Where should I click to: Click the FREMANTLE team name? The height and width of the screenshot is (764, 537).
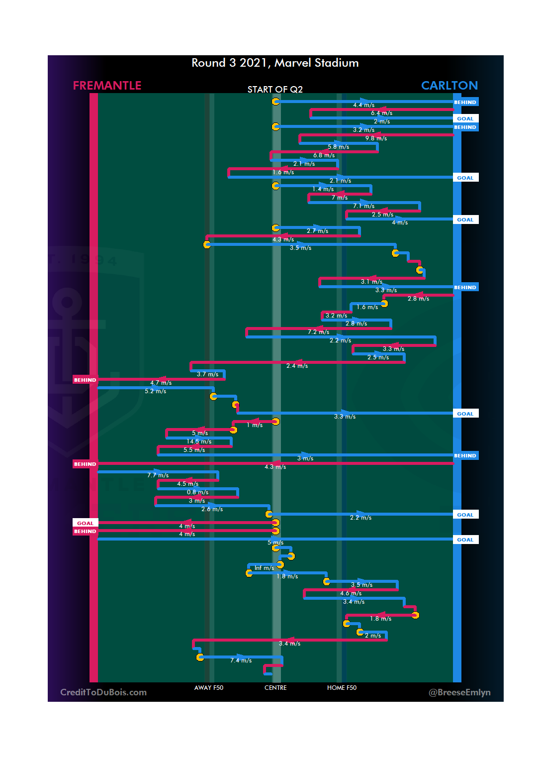coord(107,86)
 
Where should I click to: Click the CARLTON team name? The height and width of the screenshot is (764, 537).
coord(449,86)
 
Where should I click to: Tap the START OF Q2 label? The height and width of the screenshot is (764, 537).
coord(275,90)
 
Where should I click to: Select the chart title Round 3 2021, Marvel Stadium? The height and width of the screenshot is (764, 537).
coord(275,63)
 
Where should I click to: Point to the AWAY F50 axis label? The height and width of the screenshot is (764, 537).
coord(209,688)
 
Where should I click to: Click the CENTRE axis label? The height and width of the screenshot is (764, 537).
coord(275,688)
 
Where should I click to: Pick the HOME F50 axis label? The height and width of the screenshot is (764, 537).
coord(342,688)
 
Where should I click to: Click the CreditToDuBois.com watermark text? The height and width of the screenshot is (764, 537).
coord(103,692)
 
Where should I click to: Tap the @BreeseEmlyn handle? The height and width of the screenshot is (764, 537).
coord(459,692)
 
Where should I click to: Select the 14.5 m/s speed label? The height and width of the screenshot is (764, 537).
coord(199,441)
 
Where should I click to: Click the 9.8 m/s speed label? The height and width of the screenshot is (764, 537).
coord(376,138)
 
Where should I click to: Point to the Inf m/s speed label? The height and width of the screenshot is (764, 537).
coord(264,568)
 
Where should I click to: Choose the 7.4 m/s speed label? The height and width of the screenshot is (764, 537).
coord(241,660)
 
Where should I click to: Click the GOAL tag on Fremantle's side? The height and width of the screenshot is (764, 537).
coord(85,523)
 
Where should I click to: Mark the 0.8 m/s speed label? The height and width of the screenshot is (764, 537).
coord(197,492)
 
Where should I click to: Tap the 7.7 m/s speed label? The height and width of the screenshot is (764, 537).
coord(158,475)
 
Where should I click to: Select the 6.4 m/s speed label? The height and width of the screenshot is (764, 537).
coord(381,113)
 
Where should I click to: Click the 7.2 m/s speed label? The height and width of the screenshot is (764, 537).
coord(318,332)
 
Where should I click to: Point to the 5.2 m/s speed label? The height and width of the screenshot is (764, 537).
coord(155,391)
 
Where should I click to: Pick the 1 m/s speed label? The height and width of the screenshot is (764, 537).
coord(255,425)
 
